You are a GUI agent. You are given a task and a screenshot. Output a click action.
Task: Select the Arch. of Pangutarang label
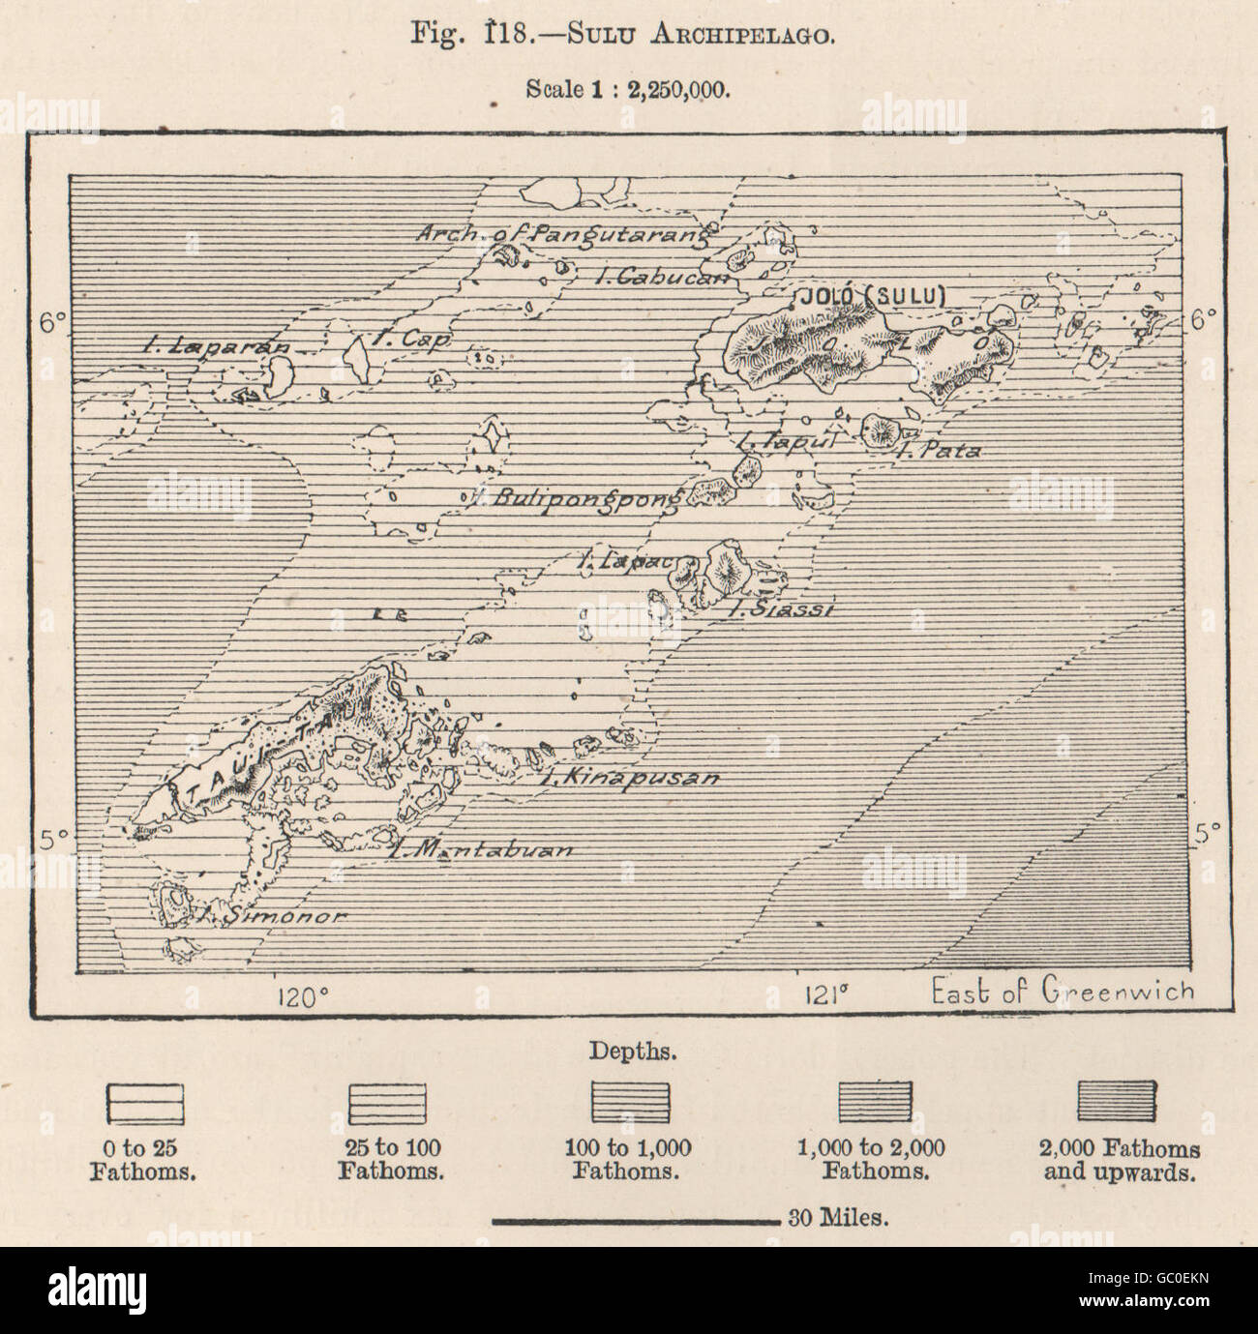tap(564, 233)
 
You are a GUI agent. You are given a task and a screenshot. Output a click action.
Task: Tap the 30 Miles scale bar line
tap(635, 1222)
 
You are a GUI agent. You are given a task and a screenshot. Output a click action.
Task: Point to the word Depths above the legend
tap(628, 1050)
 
